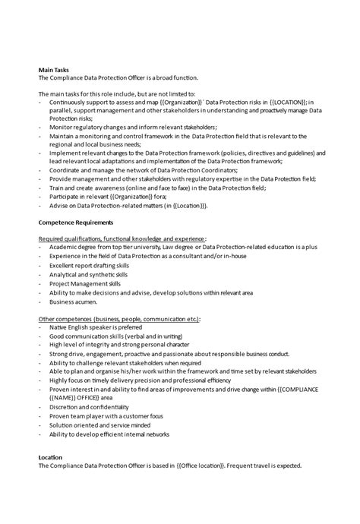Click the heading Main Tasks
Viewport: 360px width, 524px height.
click(x=53, y=69)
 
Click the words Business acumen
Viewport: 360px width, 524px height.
click(x=73, y=301)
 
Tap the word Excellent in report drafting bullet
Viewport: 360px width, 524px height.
click(x=63, y=265)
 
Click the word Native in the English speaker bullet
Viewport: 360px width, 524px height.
click(x=58, y=328)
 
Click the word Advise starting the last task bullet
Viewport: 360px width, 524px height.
click(x=58, y=205)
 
